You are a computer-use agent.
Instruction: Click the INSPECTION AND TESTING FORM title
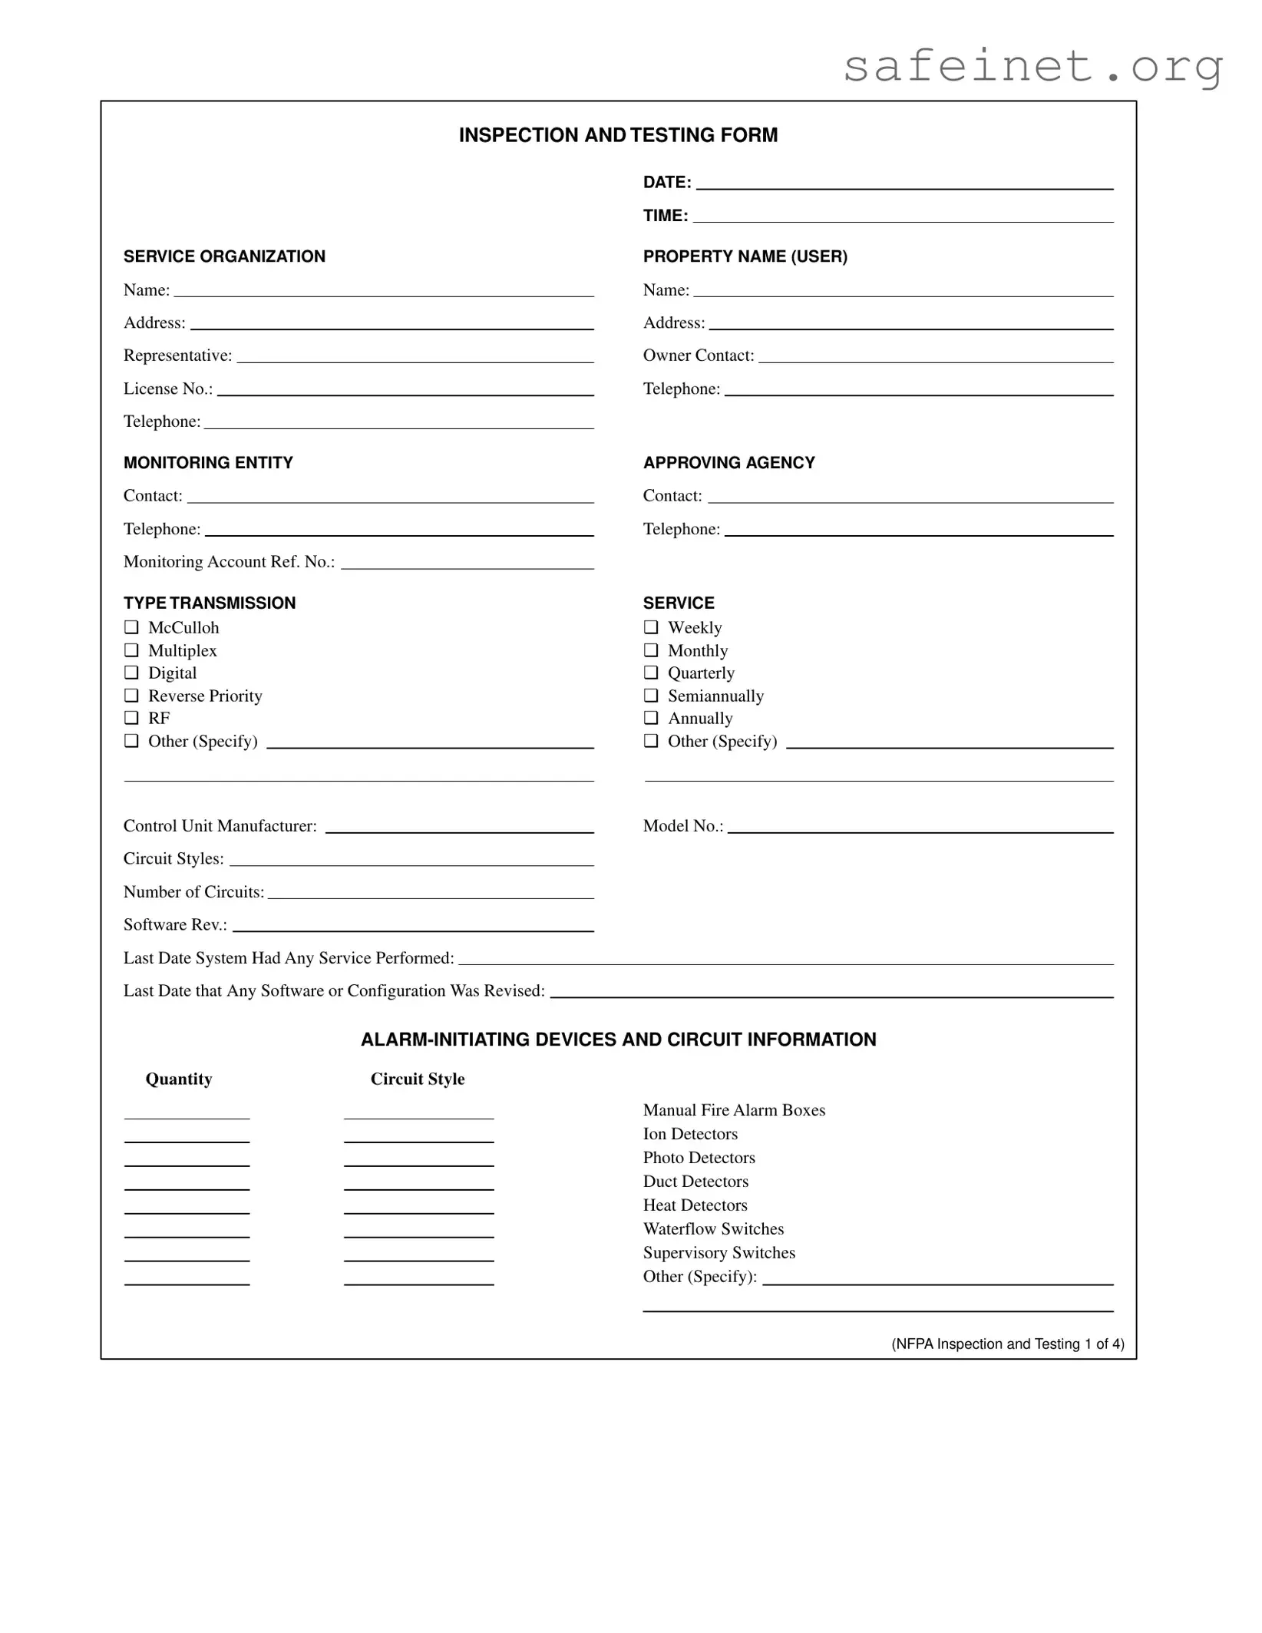pyautogui.click(x=618, y=135)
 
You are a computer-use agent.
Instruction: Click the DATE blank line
pyautogui.click(x=904, y=184)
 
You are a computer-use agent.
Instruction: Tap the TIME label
pyautogui.click(x=665, y=216)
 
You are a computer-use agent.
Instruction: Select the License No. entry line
pyautogui.click(x=405, y=391)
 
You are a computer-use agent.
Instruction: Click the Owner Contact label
pyautogui.click(x=698, y=355)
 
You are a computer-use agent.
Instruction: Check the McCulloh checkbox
pyautogui.click(x=131, y=627)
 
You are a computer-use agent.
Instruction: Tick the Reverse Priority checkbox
pyautogui.click(x=131, y=696)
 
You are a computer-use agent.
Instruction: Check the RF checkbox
pyautogui.click(x=131, y=718)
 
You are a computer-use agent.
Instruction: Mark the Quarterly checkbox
pyautogui.click(x=651, y=673)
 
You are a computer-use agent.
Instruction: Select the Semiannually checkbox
pyautogui.click(x=651, y=696)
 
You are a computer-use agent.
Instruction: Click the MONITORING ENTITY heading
pyautogui.click(x=208, y=463)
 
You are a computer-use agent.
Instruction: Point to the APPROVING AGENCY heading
pyautogui.click(x=728, y=463)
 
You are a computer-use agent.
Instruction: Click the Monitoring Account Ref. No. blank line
pyautogui.click(x=467, y=564)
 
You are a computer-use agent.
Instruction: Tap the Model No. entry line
pyautogui.click(x=920, y=828)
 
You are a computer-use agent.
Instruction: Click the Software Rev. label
pyautogui.click(x=175, y=925)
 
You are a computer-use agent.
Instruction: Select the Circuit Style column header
pyautogui.click(x=418, y=1079)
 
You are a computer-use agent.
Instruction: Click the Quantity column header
pyautogui.click(x=179, y=1079)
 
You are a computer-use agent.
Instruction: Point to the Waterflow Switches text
pyautogui.click(x=713, y=1229)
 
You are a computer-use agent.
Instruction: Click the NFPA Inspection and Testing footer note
pyautogui.click(x=1007, y=1344)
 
